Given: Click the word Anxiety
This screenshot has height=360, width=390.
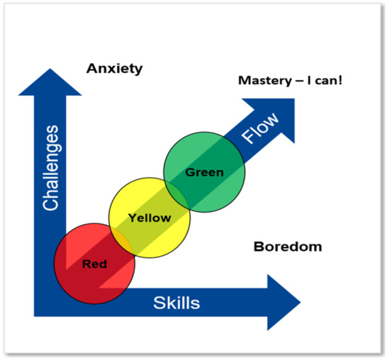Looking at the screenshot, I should (114, 69).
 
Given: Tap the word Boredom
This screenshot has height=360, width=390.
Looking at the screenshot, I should (287, 247).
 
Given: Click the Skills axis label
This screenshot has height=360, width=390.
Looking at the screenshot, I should (177, 303).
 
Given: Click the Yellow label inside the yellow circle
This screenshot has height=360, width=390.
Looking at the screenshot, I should (149, 218).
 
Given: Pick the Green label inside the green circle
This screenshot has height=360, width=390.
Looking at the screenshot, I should (204, 171).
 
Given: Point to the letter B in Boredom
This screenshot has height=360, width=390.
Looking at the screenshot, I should (258, 247).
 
